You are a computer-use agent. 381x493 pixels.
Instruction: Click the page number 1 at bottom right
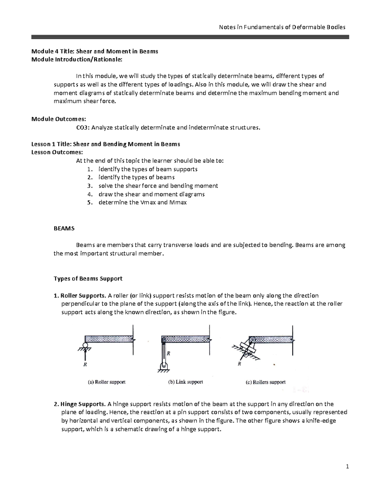pos(347,466)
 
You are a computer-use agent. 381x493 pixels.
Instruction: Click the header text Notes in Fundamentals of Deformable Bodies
pos(282,27)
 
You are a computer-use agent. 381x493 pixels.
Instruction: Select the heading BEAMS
pos(64,228)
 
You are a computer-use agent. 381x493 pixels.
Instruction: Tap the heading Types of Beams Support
pos(88,278)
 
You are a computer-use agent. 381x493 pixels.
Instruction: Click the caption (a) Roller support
pos(107,382)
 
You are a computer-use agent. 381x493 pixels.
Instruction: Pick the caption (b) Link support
pos(185,382)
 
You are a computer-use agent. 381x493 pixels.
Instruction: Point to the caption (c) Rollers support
pos(265,382)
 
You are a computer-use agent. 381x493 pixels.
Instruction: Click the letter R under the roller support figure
pos(85,365)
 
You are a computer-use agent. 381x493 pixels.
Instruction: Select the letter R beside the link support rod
pos(169,353)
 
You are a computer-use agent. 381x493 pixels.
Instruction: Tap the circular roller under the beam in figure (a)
pos(85,345)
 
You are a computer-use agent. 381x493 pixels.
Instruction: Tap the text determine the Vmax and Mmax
pos(143,202)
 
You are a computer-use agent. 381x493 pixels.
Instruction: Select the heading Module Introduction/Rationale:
pos(77,59)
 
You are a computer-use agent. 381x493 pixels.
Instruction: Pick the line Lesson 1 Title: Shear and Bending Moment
pos(106,144)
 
